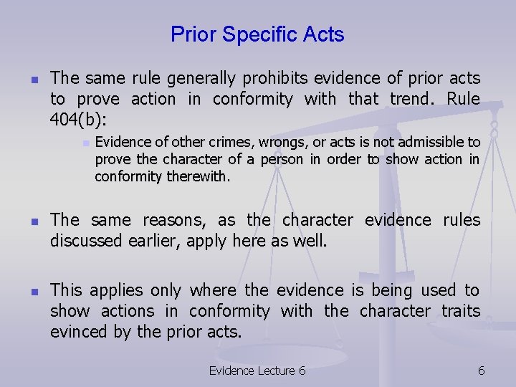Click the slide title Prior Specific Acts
pyautogui.click(x=257, y=34)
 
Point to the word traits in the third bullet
pyautogui.click(x=455, y=311)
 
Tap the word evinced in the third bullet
pyautogui.click(x=77, y=332)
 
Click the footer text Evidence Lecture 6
pyautogui.click(x=257, y=370)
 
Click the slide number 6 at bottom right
pyautogui.click(x=481, y=370)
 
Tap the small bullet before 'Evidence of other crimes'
pyautogui.click(x=84, y=143)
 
